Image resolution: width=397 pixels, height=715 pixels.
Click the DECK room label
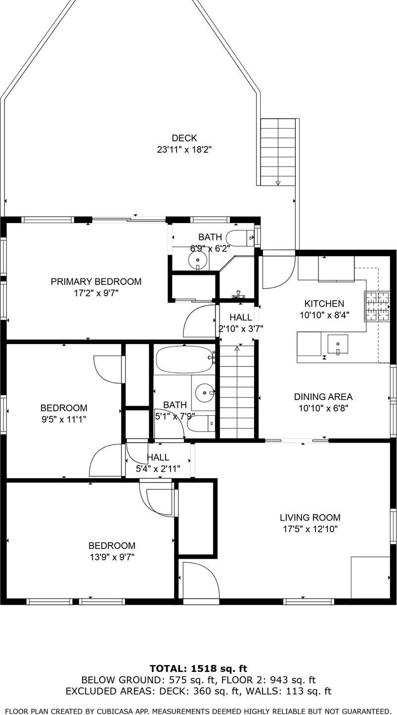[x=184, y=138]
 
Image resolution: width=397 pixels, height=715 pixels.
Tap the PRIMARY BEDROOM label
[x=96, y=281]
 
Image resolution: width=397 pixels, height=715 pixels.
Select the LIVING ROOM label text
[x=310, y=518]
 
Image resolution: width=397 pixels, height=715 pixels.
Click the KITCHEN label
[x=324, y=304]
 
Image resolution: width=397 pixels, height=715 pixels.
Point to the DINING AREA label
[x=323, y=397]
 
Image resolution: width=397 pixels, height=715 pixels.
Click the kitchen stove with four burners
[x=377, y=307]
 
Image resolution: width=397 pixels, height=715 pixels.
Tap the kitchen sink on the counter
[x=338, y=344]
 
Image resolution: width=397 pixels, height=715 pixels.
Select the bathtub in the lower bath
[x=184, y=358]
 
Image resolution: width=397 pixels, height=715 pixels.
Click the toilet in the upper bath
[x=240, y=238]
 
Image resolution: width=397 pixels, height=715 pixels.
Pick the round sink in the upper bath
[x=198, y=259]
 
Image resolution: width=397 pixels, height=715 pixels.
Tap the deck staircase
[x=278, y=152]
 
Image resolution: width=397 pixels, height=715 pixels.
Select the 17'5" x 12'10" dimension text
[x=310, y=529]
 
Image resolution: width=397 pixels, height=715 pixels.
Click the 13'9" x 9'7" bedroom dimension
[x=111, y=557]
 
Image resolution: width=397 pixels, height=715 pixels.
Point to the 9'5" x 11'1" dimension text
[x=63, y=419]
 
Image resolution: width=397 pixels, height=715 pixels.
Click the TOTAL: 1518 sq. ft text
[x=198, y=669]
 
